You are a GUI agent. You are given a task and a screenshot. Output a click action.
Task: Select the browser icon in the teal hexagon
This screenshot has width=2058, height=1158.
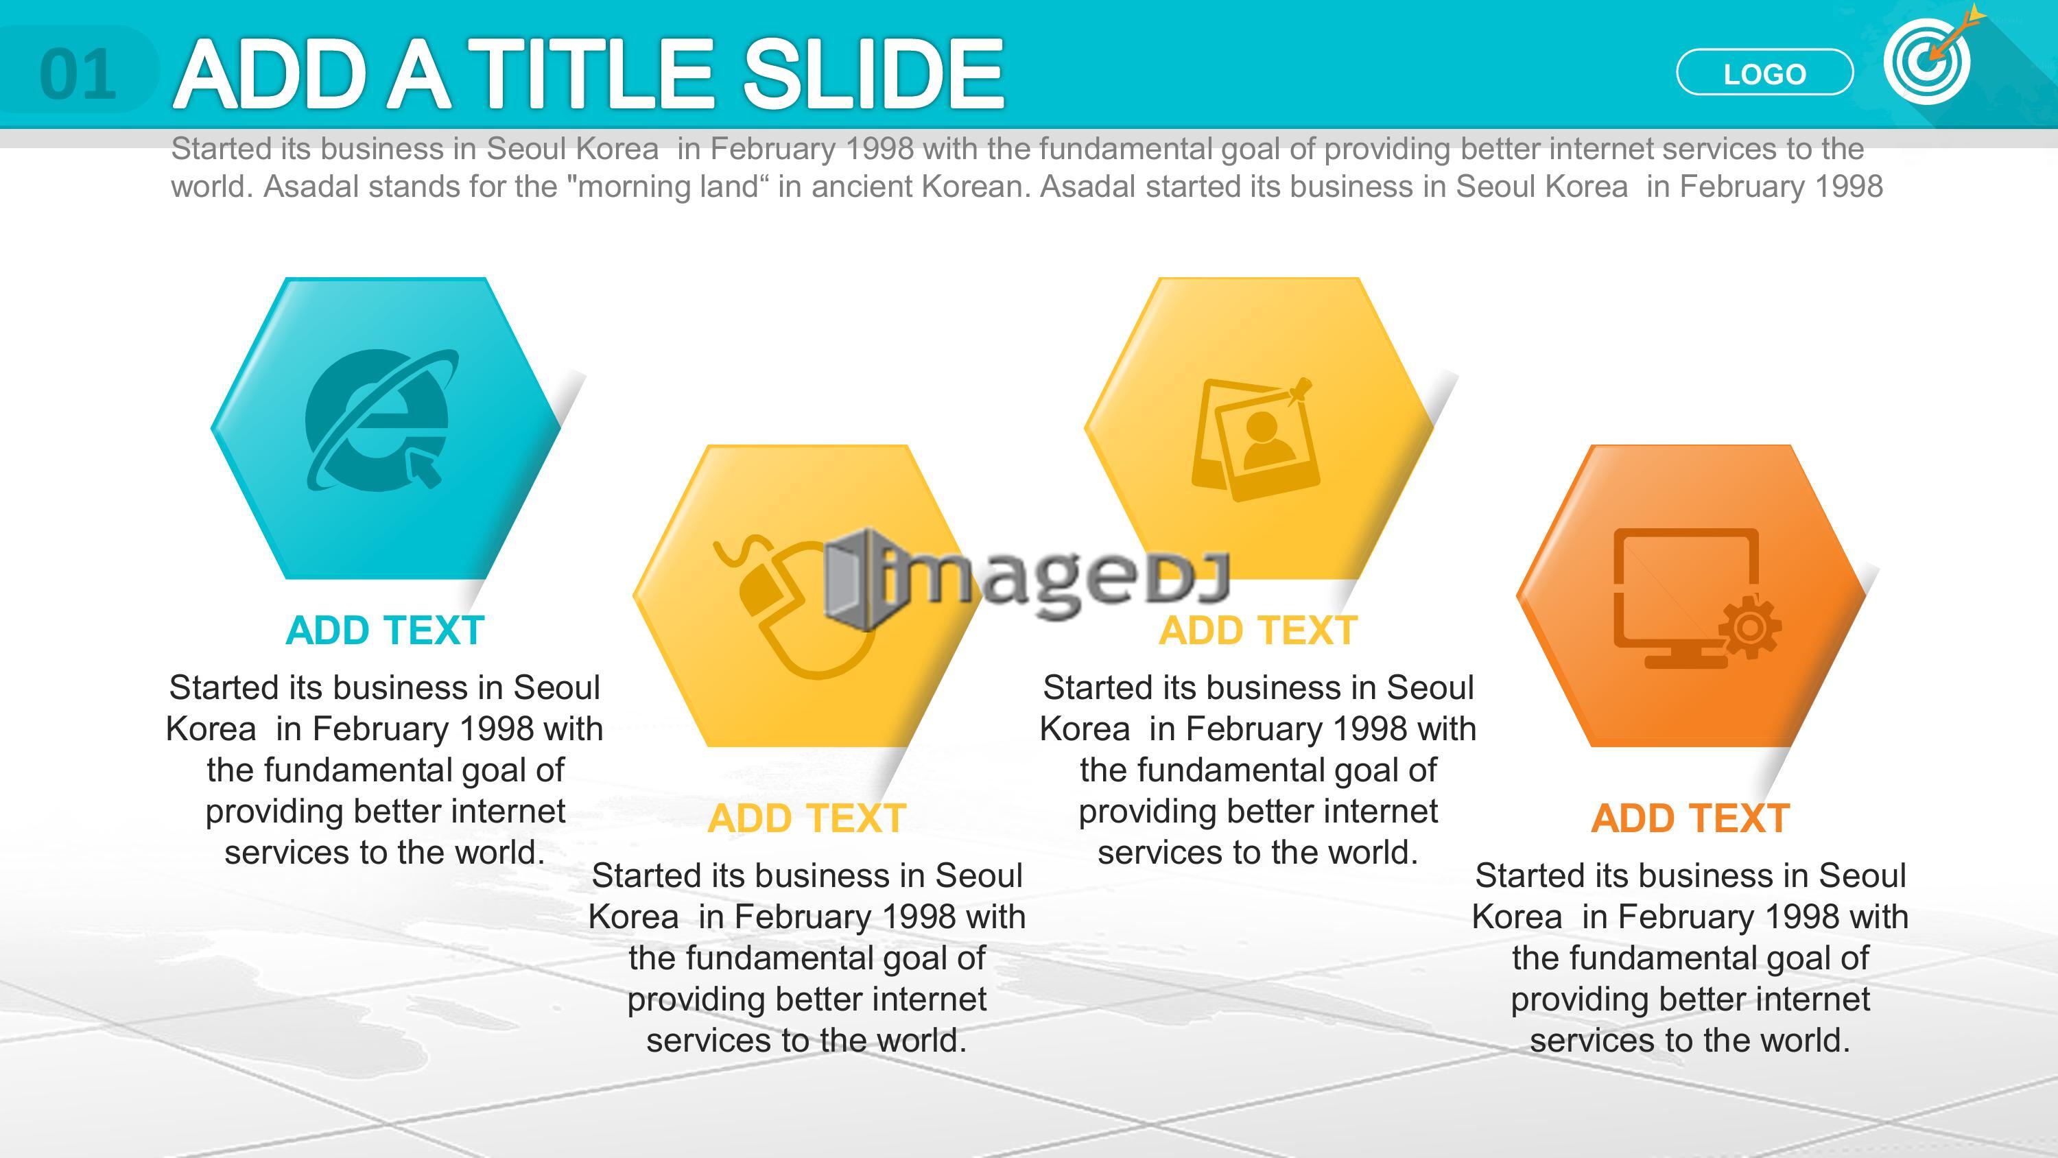click(x=380, y=421)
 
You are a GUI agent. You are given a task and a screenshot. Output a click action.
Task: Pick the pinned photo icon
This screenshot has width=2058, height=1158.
click(x=1254, y=440)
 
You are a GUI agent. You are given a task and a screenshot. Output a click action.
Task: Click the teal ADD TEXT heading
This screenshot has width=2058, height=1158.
click(x=385, y=630)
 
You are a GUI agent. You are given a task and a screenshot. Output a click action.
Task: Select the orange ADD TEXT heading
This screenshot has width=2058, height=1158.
click(x=1690, y=818)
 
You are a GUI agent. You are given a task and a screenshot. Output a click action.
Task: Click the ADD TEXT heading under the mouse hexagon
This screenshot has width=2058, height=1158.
click(x=806, y=818)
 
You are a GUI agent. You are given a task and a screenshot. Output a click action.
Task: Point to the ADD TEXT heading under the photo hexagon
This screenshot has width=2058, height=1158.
click(x=1258, y=630)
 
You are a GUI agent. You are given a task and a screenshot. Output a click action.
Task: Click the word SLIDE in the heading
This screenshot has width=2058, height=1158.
click(x=873, y=73)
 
